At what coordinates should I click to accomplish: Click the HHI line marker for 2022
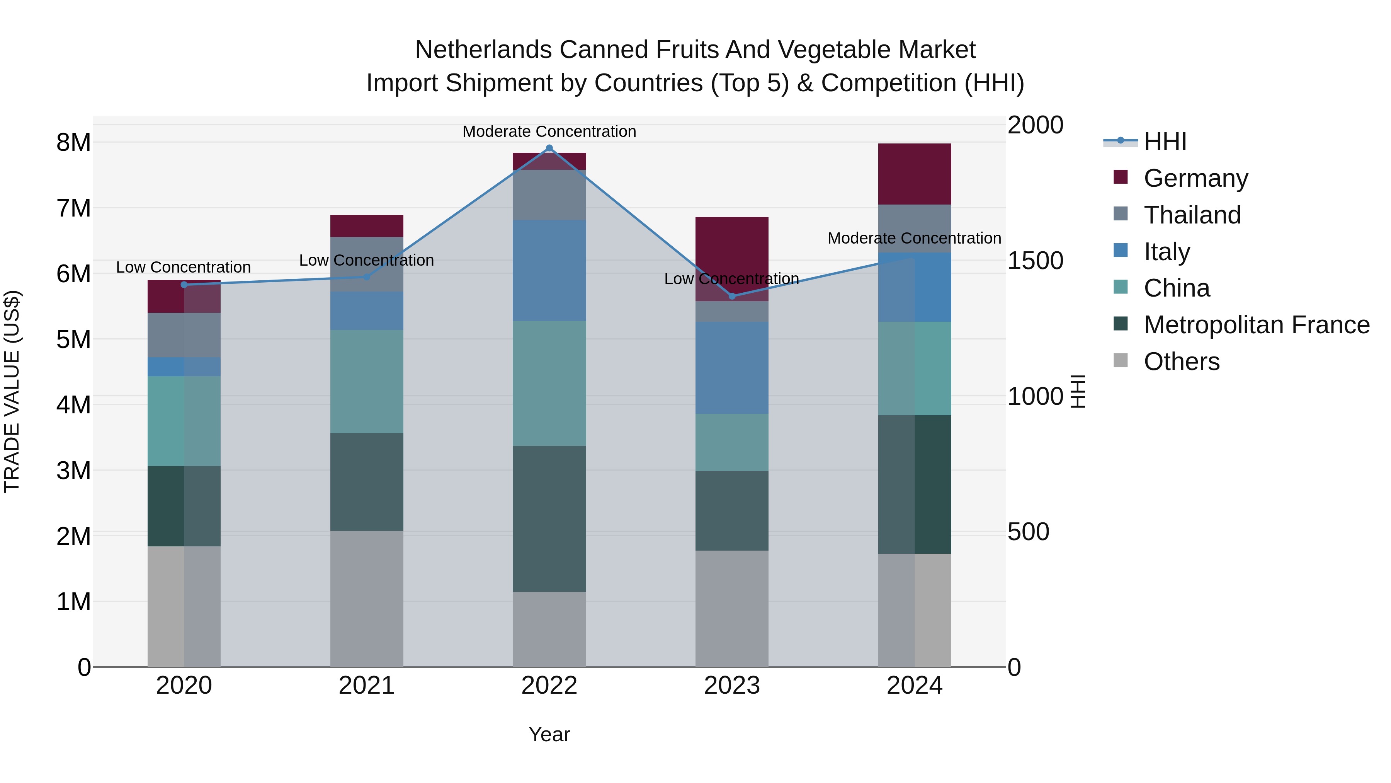tap(549, 148)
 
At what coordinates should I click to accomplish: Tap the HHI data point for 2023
tap(732, 296)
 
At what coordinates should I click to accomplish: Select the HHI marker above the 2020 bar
tap(184, 285)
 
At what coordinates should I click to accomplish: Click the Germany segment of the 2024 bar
tap(914, 174)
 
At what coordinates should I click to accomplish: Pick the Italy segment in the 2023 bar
tap(732, 368)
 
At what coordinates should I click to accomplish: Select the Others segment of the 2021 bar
tap(367, 599)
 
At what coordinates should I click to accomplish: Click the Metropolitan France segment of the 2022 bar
tap(549, 519)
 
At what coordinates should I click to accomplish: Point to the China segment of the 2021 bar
tap(367, 382)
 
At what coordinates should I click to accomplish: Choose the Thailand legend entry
tap(1192, 215)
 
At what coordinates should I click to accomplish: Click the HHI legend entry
tap(1165, 142)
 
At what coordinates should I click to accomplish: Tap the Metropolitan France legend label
tap(1257, 325)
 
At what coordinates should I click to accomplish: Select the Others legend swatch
tap(1121, 360)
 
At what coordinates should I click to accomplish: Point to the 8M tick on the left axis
tap(73, 143)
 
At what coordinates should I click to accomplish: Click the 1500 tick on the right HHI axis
tap(1035, 261)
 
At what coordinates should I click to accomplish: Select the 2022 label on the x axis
tap(549, 686)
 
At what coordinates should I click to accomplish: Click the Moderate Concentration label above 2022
tap(549, 131)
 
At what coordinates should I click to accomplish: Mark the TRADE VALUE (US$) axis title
tap(12, 391)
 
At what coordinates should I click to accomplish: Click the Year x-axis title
tap(549, 734)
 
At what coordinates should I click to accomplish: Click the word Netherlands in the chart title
tap(483, 50)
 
